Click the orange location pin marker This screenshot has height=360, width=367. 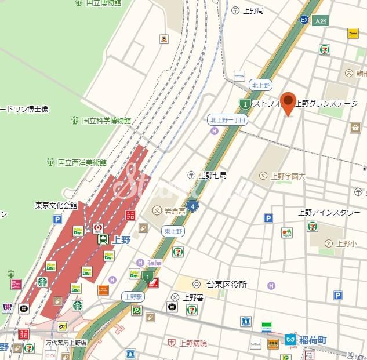tap(288, 103)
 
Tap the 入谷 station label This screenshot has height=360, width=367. tap(321, 20)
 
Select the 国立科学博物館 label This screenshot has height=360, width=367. tap(106, 121)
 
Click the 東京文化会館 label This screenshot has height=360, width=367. tap(56, 205)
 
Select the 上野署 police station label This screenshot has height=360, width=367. tap(194, 297)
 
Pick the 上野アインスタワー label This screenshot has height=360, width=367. tap(329, 212)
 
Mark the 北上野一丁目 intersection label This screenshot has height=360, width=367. tap(228, 120)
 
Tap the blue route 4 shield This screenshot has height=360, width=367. tap(193, 205)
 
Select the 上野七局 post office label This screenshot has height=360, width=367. tap(212, 174)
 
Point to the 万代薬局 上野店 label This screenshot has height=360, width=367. tap(66, 343)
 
